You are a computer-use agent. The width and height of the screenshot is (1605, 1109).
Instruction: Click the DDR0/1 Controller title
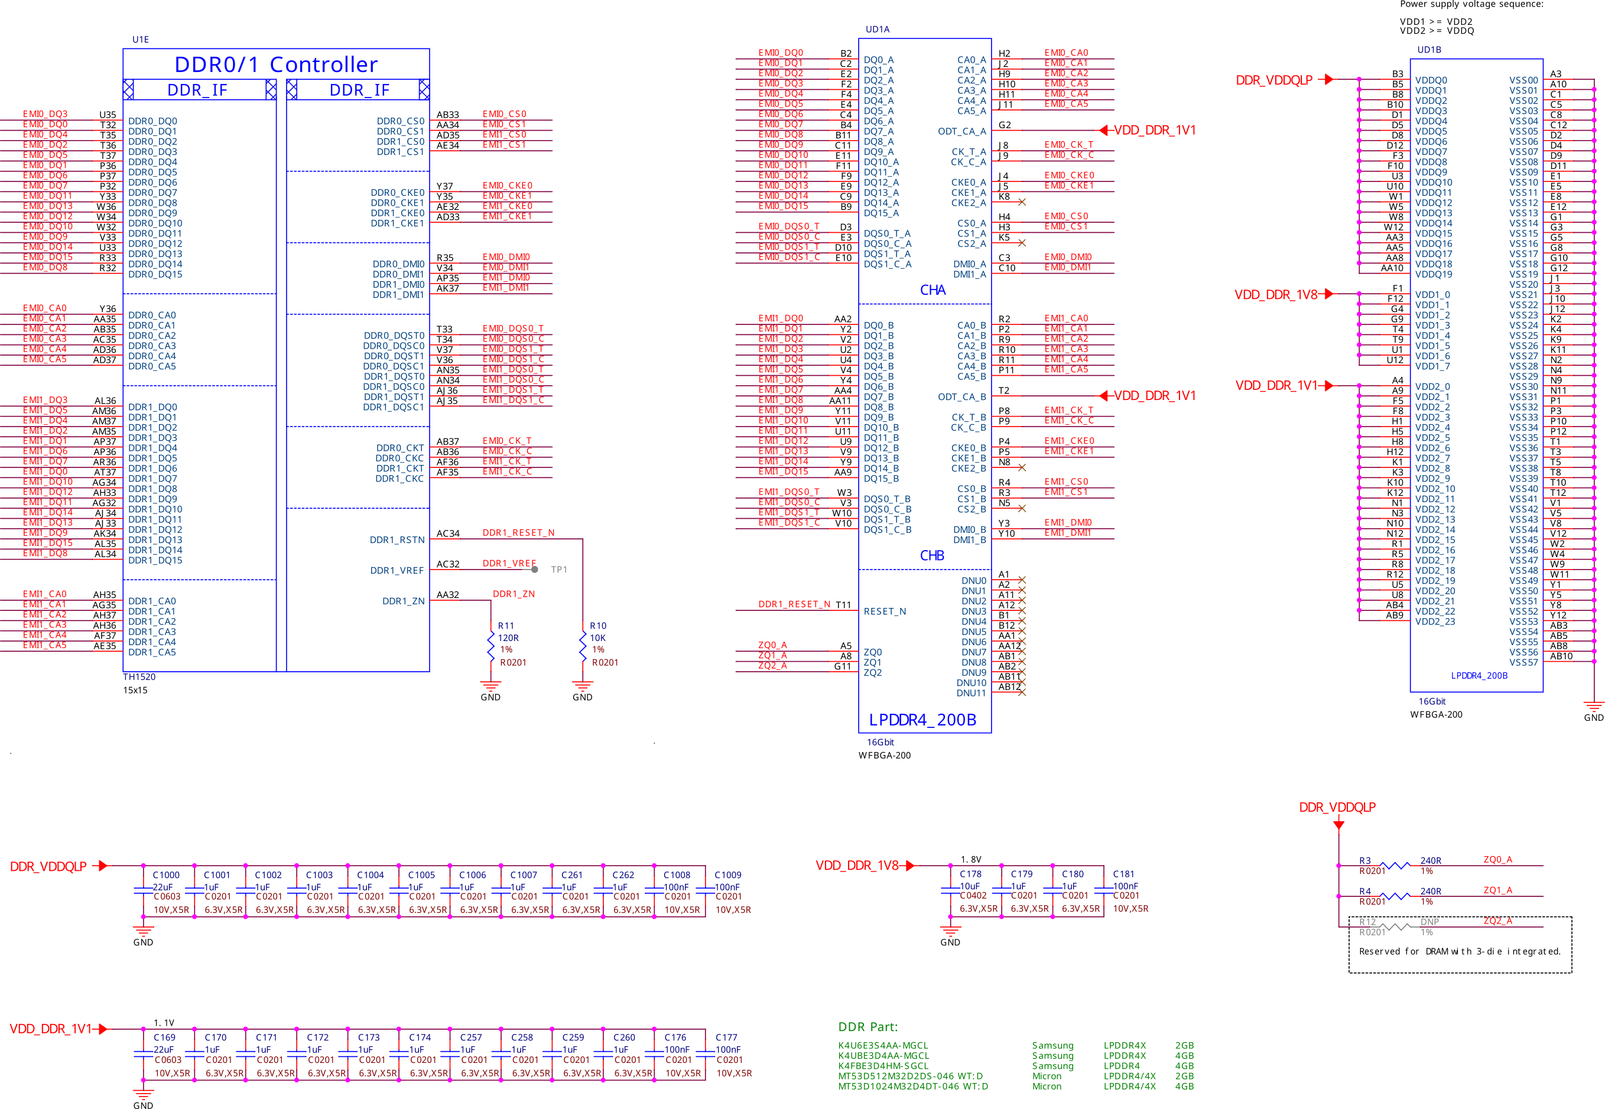click(x=276, y=64)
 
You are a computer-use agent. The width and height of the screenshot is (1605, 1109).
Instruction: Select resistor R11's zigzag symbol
click(x=490, y=646)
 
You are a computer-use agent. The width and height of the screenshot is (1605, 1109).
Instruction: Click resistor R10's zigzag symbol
click(x=582, y=646)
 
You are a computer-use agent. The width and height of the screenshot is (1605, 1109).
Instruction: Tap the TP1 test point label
click(x=558, y=570)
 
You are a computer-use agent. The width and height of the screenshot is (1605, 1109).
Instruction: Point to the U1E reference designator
click(x=141, y=40)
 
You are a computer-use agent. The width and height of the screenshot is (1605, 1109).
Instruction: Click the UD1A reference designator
click(x=878, y=29)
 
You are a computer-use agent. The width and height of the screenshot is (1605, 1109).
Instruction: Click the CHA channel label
click(x=933, y=290)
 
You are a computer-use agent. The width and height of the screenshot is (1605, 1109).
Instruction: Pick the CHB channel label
click(x=932, y=556)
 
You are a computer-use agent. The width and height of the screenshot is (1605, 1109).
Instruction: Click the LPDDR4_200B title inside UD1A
click(x=922, y=720)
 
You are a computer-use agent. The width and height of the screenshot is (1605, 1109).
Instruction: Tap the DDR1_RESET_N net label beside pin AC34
click(x=518, y=533)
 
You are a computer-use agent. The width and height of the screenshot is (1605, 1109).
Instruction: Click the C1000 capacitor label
click(x=166, y=875)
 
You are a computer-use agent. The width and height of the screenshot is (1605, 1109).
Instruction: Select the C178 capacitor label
click(x=971, y=874)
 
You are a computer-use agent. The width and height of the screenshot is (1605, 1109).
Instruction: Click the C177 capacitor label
click(x=726, y=1038)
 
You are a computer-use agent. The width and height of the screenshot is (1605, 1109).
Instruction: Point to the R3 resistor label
click(x=1364, y=861)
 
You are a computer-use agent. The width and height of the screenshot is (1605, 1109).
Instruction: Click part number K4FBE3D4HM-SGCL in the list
click(x=882, y=1066)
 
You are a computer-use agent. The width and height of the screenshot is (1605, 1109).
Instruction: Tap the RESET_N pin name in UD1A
click(x=885, y=612)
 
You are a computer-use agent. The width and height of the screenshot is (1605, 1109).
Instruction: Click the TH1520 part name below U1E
click(x=139, y=677)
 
